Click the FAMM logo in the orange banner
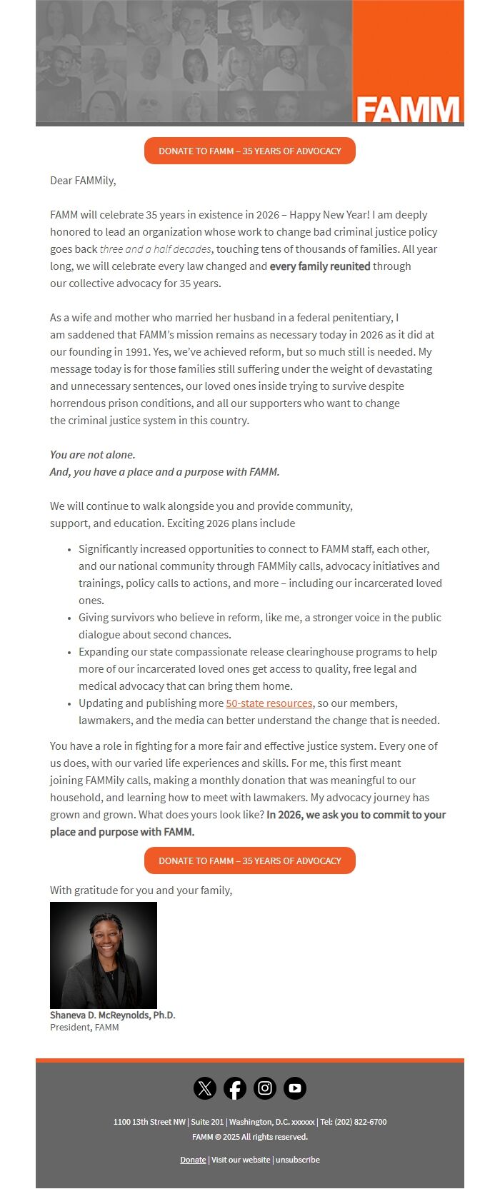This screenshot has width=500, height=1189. [x=408, y=109]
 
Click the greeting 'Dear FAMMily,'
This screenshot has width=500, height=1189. [x=83, y=181]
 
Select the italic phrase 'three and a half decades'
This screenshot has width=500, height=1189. [x=155, y=249]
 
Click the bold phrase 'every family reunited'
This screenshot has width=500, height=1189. [x=319, y=266]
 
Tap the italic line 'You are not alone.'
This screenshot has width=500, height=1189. [x=92, y=455]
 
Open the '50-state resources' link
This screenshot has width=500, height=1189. [x=269, y=703]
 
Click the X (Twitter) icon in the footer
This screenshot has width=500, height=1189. [x=205, y=1088]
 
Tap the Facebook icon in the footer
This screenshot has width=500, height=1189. [x=235, y=1088]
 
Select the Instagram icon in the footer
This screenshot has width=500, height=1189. [x=265, y=1088]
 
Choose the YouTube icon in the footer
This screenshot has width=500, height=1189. [x=295, y=1088]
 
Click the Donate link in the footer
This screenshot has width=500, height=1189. [x=193, y=1160]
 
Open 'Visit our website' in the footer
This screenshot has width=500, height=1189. [x=241, y=1160]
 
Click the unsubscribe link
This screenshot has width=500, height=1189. [x=298, y=1160]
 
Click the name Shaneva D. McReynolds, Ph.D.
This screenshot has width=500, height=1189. [x=112, y=1015]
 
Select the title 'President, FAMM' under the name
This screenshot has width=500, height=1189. [x=84, y=1028]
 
